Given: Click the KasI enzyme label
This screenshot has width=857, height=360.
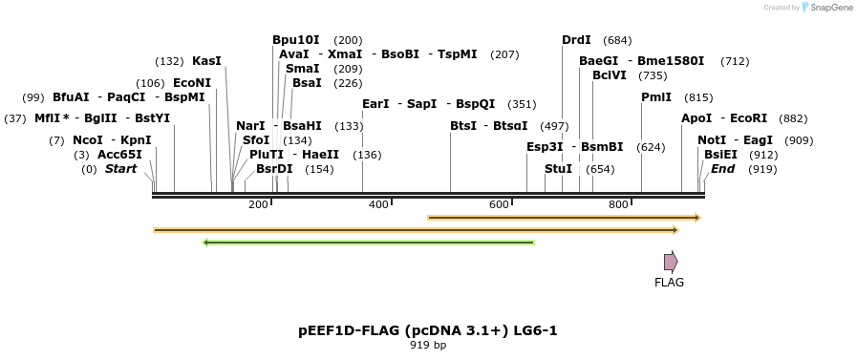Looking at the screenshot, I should pyautogui.click(x=206, y=61).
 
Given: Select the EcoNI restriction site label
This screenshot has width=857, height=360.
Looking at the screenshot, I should pyautogui.click(x=192, y=83).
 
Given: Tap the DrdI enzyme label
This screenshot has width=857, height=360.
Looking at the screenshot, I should pyautogui.click(x=576, y=40).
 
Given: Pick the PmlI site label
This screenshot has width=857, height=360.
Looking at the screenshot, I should pyautogui.click(x=656, y=97).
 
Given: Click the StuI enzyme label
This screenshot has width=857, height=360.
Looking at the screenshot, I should pyautogui.click(x=558, y=169).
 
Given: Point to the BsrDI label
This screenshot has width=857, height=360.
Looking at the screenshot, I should pyautogui.click(x=274, y=169).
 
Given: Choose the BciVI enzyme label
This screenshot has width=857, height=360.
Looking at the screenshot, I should pyautogui.click(x=610, y=75).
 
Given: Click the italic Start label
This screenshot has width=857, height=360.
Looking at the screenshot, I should pyautogui.click(x=120, y=169).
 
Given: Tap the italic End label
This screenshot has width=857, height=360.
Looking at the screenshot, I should pyautogui.click(x=723, y=169).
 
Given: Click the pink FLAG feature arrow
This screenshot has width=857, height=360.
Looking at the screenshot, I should pyautogui.click(x=671, y=262).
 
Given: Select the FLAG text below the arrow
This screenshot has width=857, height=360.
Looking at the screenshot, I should pyautogui.click(x=669, y=283).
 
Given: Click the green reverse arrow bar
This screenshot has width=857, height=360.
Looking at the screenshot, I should pyautogui.click(x=369, y=243).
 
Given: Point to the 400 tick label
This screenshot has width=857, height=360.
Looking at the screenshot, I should pyautogui.click(x=378, y=205).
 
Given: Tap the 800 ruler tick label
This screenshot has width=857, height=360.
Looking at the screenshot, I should pyautogui.click(x=618, y=205).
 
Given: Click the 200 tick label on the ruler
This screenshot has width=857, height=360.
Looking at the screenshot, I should pyautogui.click(x=258, y=205).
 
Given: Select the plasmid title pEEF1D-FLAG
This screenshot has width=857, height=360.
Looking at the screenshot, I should pyautogui.click(x=427, y=330).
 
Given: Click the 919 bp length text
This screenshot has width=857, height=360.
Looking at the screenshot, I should pyautogui.click(x=427, y=345).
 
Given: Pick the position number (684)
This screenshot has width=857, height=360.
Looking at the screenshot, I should pyautogui.click(x=617, y=40).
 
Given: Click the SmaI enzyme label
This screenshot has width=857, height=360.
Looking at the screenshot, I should pyautogui.click(x=303, y=69).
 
